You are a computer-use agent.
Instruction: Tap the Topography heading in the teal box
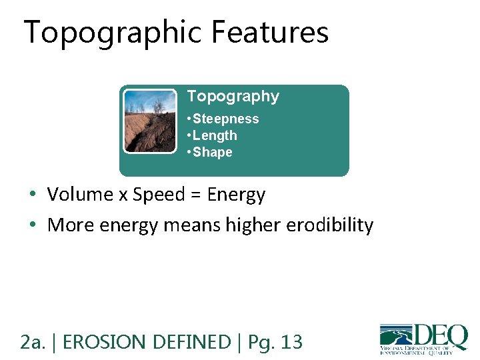[x=233, y=97]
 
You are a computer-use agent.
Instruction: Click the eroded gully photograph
[x=150, y=121]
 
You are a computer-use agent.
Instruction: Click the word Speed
[x=157, y=195]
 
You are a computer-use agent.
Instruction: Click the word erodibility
[x=330, y=225]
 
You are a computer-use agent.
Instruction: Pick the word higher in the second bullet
[x=253, y=225]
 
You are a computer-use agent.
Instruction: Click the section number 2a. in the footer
[x=33, y=343]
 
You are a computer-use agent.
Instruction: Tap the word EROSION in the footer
[x=106, y=343]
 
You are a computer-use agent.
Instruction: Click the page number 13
[x=291, y=343]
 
